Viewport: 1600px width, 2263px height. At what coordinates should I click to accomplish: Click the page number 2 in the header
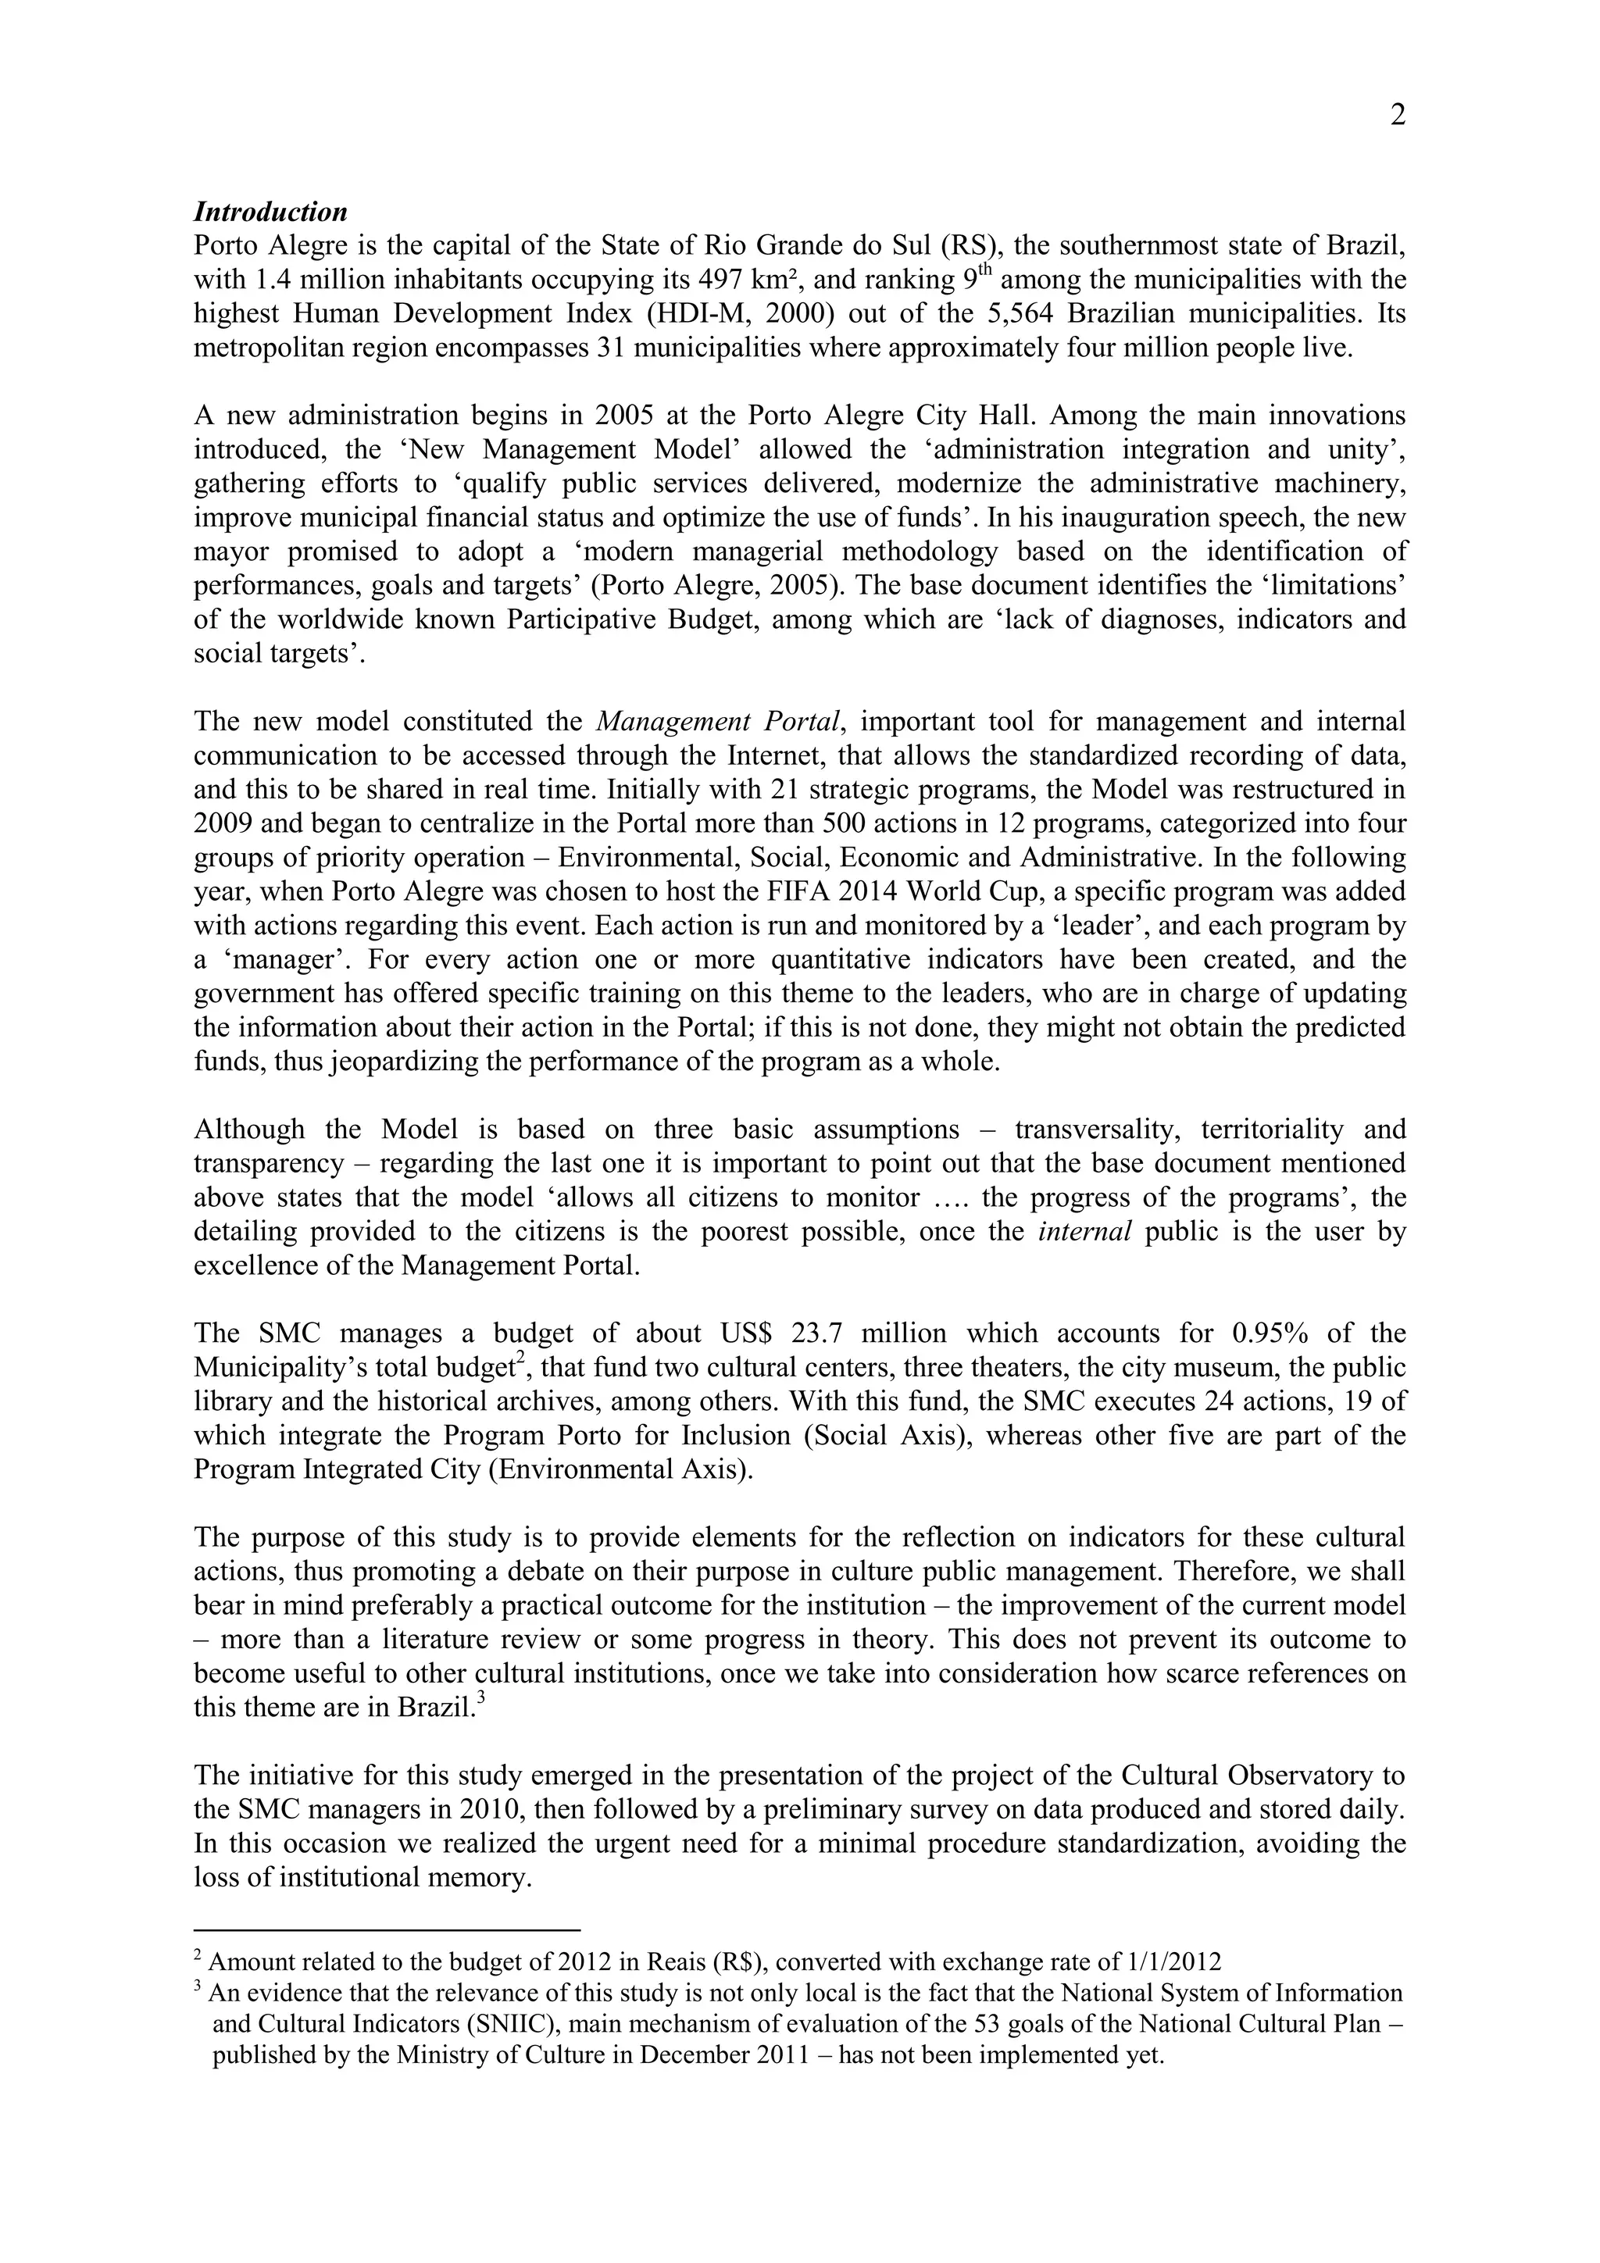click(1397, 116)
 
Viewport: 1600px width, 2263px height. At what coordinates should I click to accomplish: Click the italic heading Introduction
click(270, 212)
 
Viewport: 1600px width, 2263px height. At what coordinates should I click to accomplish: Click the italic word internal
click(1085, 1232)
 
